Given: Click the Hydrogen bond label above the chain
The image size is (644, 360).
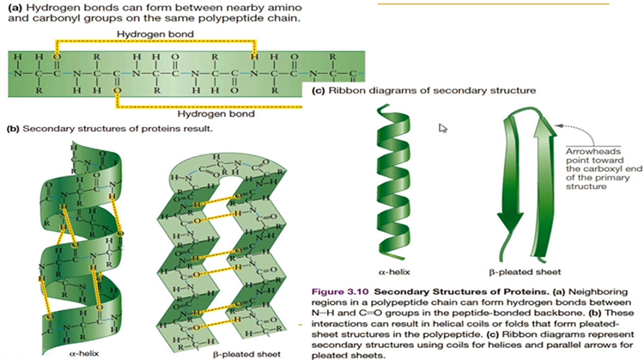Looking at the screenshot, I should pos(155,34).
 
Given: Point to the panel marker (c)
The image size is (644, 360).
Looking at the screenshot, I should pos(318,89).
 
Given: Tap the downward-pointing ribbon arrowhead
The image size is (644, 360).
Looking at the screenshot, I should pos(507,230).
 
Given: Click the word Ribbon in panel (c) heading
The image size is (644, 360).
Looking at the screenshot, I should pos(345,89).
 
